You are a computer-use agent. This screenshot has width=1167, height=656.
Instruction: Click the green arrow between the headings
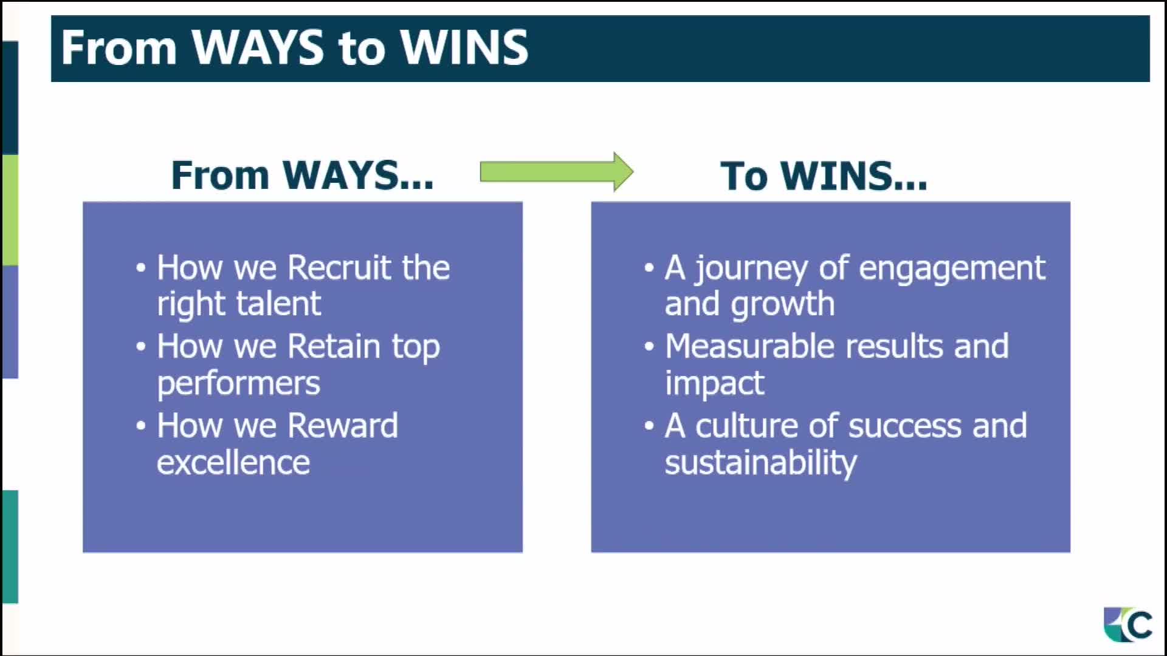[x=557, y=172]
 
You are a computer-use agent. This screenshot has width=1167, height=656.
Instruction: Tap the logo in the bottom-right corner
[x=1128, y=624]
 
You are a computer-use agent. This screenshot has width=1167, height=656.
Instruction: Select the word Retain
[x=334, y=346]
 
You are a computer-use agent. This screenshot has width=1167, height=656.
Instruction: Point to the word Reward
[x=343, y=425]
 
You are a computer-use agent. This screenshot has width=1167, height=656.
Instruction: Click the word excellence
[x=233, y=463]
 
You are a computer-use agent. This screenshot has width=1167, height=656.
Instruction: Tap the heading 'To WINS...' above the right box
[x=824, y=176]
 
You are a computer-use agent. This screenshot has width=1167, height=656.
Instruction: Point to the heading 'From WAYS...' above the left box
[x=303, y=176]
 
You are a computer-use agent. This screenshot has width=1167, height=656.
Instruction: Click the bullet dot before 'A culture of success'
[x=649, y=426]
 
